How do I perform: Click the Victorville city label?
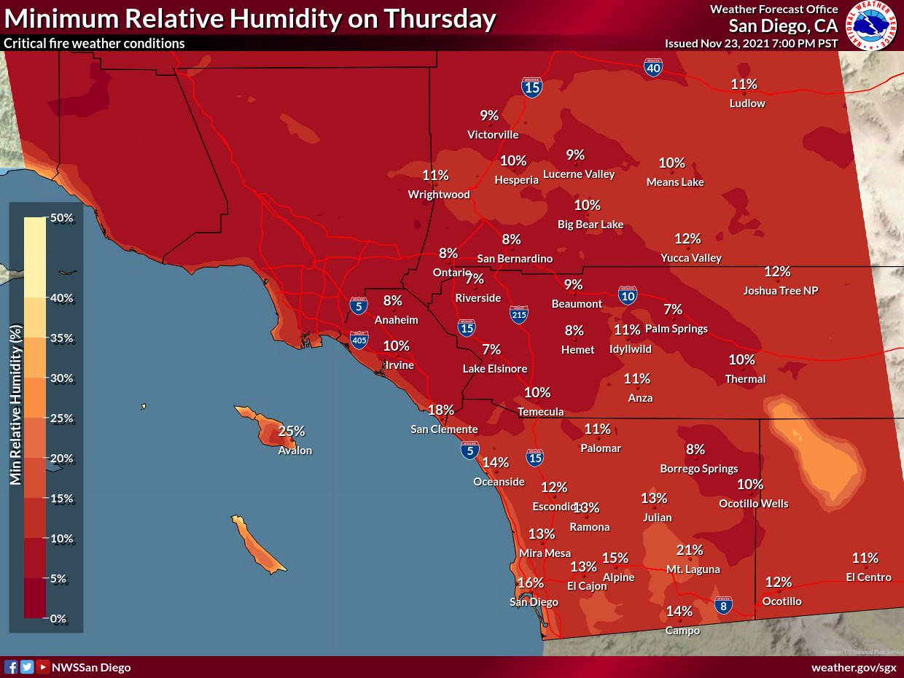(x=493, y=135)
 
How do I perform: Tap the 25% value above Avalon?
(x=291, y=431)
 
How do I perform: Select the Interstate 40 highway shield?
(x=653, y=68)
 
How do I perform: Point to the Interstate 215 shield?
(x=519, y=313)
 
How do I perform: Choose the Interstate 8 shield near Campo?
(x=723, y=605)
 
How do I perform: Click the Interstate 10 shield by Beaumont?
(x=628, y=295)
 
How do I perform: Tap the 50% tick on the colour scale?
(x=61, y=218)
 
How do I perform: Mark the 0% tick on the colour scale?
(x=58, y=619)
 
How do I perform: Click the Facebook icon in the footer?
(x=11, y=666)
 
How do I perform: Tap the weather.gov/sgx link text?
(x=854, y=667)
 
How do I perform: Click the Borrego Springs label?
(x=699, y=469)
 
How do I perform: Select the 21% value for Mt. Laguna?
(x=689, y=550)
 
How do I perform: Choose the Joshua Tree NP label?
(x=781, y=290)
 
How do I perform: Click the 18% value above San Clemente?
(x=441, y=410)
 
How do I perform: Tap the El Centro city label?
(x=868, y=577)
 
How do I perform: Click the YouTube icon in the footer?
(x=43, y=666)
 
